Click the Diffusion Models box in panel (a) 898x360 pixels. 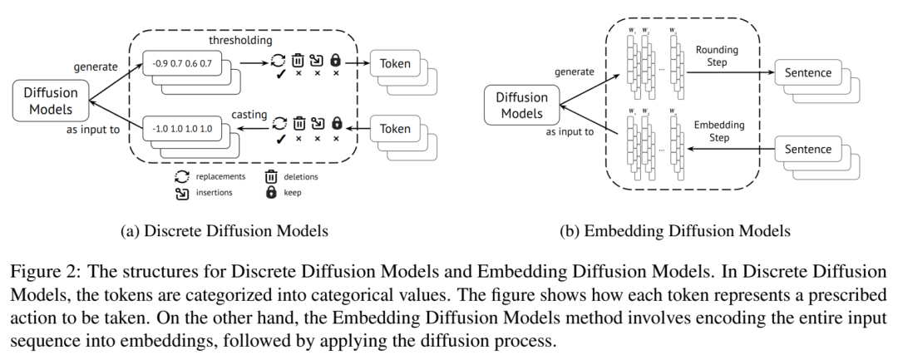51,101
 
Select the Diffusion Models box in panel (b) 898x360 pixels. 521,106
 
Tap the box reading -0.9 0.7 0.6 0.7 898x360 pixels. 183,63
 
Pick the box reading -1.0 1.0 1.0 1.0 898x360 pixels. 183,129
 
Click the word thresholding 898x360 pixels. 240,40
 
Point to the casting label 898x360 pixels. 249,115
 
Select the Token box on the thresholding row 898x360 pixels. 395,63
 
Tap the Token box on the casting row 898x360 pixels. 395,129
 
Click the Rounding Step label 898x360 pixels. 717,56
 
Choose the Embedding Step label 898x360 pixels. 718,131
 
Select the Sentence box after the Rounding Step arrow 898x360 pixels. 808,72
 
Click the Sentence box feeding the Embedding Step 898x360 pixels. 808,149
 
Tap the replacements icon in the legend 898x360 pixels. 182,177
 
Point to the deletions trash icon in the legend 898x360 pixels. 271,177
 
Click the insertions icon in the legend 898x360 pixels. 182,193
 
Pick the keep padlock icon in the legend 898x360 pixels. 271,193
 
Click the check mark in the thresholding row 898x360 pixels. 279,74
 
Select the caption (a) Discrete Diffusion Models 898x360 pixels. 224,230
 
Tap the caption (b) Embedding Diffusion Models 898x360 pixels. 674,230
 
